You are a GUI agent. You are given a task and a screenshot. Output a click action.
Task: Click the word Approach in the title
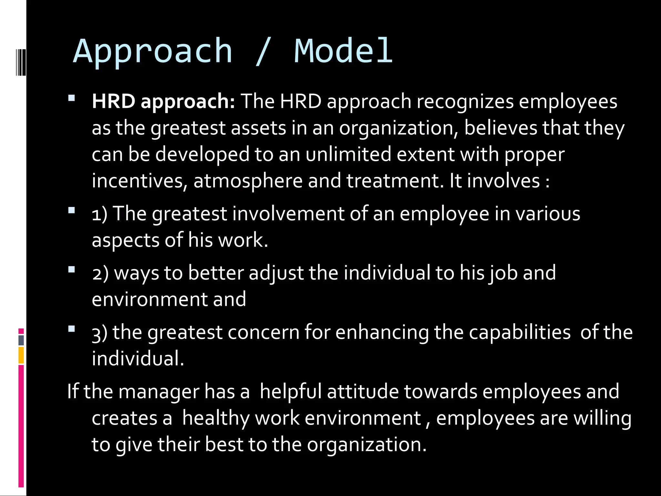pyautogui.click(x=153, y=52)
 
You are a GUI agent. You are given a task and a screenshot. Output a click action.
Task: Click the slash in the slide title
pyautogui.click(x=263, y=52)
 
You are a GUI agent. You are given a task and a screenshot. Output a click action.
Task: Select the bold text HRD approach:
pyautogui.click(x=163, y=102)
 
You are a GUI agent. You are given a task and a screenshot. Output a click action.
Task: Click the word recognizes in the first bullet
pyautogui.click(x=465, y=102)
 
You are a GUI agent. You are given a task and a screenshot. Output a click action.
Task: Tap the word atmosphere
pyautogui.click(x=248, y=181)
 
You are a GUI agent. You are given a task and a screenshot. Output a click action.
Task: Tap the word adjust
pyautogui.click(x=276, y=273)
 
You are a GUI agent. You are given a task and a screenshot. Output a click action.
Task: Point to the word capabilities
pyautogui.click(x=519, y=332)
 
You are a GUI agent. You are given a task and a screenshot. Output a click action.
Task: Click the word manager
pyautogui.click(x=158, y=392)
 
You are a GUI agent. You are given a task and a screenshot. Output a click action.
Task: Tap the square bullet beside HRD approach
pyautogui.click(x=72, y=98)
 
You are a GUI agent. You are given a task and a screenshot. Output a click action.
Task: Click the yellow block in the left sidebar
pyautogui.click(x=21, y=355)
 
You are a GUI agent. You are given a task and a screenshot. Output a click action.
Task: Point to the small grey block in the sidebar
pyautogui.click(x=21, y=340)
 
